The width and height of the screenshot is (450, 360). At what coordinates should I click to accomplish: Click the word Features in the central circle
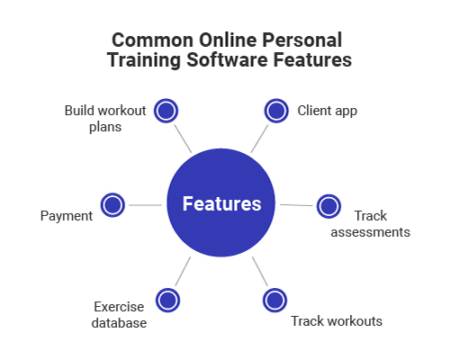(221, 203)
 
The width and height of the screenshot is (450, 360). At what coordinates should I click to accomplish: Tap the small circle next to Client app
(276, 111)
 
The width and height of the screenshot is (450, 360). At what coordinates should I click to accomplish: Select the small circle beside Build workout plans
(166, 111)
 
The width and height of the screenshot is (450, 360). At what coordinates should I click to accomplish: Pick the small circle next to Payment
(112, 205)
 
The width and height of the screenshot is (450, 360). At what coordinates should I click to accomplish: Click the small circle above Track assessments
(328, 206)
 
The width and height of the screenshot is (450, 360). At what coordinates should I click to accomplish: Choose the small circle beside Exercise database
(167, 300)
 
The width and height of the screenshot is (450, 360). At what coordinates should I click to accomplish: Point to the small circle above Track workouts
(274, 300)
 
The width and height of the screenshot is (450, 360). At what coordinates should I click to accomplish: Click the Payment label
(67, 216)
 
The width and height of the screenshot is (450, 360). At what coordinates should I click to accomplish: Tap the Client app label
(328, 111)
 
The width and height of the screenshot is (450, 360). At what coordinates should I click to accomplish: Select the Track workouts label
(337, 321)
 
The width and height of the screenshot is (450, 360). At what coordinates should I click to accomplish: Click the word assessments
(370, 232)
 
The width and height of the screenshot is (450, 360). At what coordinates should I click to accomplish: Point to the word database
(119, 323)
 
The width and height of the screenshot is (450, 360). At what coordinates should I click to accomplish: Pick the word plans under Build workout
(105, 127)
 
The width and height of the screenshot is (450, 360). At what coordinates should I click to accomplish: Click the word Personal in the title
(302, 40)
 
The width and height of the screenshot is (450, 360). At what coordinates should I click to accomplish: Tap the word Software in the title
(227, 59)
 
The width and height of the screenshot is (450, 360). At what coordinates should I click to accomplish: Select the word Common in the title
(152, 40)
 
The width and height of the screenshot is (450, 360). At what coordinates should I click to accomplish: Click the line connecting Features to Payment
(145, 205)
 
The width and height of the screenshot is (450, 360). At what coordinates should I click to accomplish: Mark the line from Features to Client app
(259, 139)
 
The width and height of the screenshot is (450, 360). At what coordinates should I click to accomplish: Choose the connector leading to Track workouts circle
(260, 271)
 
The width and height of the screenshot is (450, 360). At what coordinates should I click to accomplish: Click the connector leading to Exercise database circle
(183, 271)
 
